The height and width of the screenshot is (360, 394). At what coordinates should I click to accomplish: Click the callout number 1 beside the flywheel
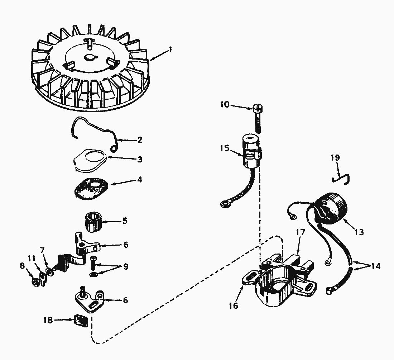click(x=170, y=49)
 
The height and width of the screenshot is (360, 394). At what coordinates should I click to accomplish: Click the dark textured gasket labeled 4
click(x=91, y=189)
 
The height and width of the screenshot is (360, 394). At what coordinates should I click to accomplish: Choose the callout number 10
click(x=225, y=105)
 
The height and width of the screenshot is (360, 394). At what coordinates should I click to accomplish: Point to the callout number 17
click(x=301, y=232)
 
